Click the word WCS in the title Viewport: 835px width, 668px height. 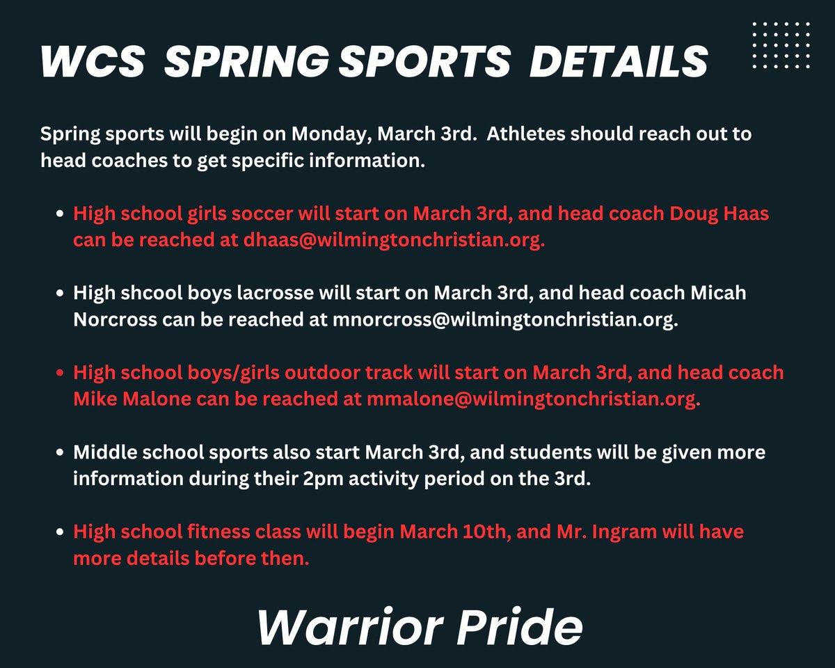pyautogui.click(x=93, y=62)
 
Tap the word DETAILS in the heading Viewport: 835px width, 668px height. pyautogui.click(x=619, y=62)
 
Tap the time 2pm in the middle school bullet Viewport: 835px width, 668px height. pyautogui.click(x=352, y=479)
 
